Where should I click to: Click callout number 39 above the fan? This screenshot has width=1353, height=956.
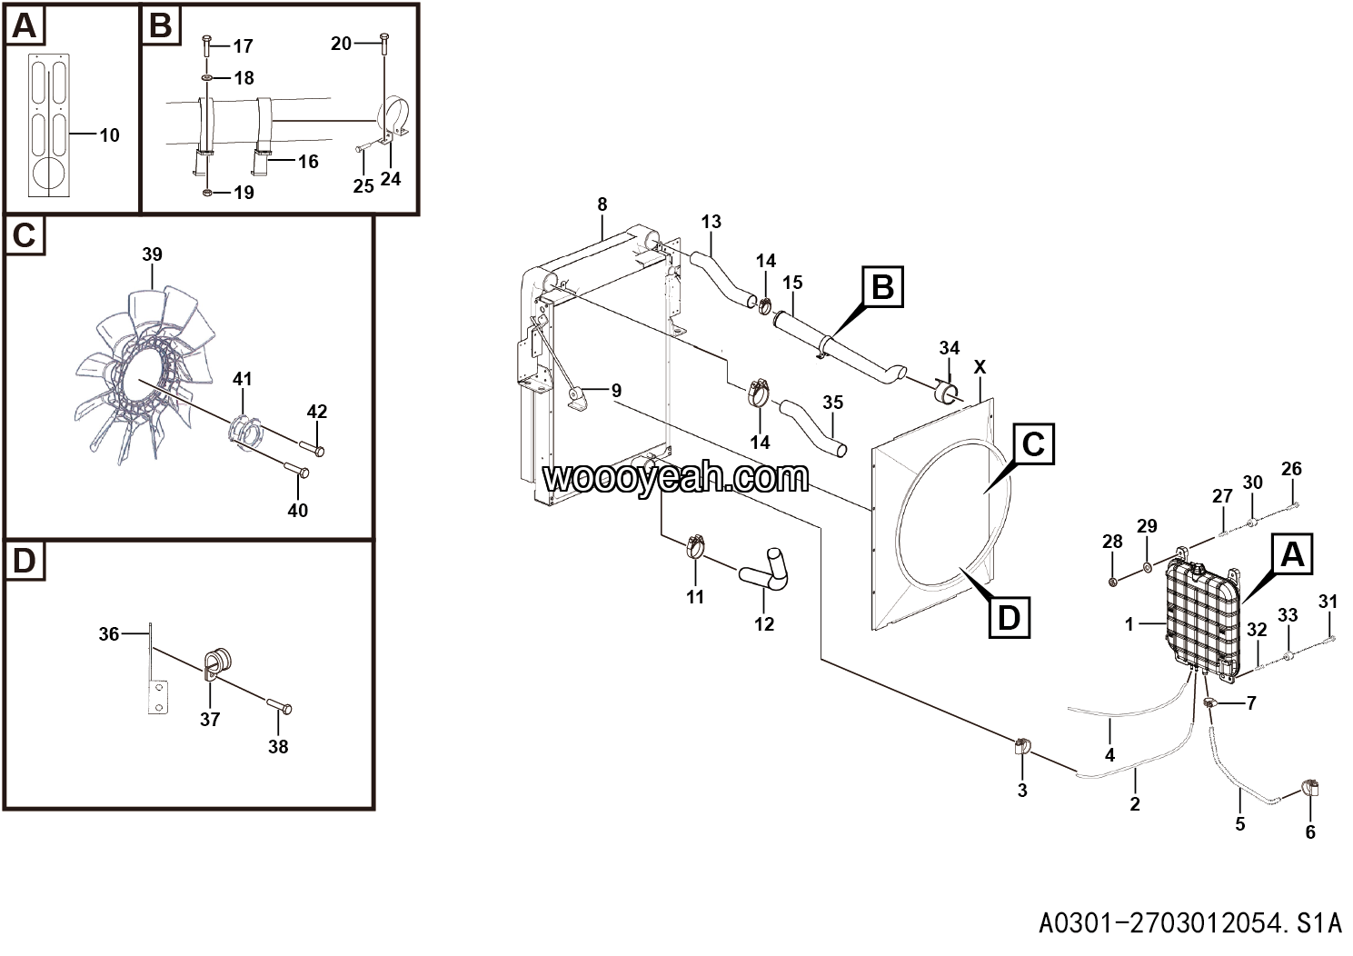pyautogui.click(x=153, y=254)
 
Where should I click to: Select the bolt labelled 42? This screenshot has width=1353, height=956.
pyautogui.click(x=313, y=449)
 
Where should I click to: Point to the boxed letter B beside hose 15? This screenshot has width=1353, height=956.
pyautogui.click(x=883, y=287)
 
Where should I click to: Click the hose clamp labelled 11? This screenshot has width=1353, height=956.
pyautogui.click(x=696, y=546)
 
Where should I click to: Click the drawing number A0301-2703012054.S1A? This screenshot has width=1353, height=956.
pyautogui.click(x=1189, y=923)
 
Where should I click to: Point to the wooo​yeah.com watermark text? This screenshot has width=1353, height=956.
pyautogui.click(x=675, y=477)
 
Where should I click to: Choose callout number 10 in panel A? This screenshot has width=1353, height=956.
pyautogui.click(x=109, y=135)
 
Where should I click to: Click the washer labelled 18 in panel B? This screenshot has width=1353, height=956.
pyautogui.click(x=207, y=78)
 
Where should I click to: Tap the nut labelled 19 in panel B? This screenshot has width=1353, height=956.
pyautogui.click(x=207, y=193)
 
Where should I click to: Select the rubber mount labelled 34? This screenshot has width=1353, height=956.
pyautogui.click(x=947, y=391)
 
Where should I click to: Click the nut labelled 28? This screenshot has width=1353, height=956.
pyautogui.click(x=1113, y=581)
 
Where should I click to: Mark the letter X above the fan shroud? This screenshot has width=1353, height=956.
pyautogui.click(x=980, y=366)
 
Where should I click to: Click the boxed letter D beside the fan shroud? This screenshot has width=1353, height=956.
pyautogui.click(x=1010, y=618)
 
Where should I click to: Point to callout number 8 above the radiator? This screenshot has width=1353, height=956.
pyautogui.click(x=602, y=204)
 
